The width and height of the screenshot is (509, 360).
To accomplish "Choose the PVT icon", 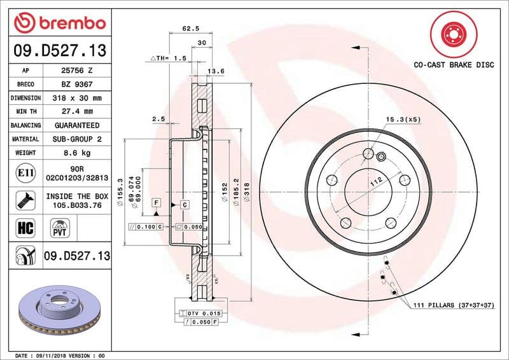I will pyautogui.click(x=60, y=227).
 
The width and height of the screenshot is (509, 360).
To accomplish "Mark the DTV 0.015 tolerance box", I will pyautogui.click(x=206, y=314).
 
